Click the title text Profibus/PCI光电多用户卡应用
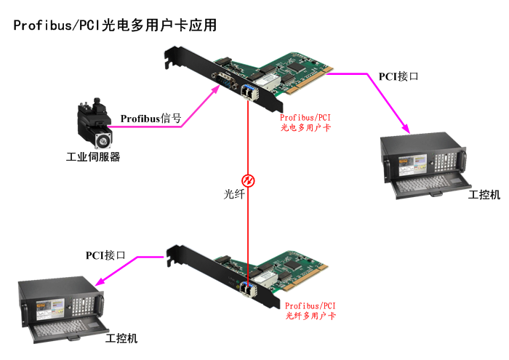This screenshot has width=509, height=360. click(x=115, y=25)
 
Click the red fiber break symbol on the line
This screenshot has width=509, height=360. click(x=248, y=180)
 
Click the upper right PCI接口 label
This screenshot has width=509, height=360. click(x=398, y=76)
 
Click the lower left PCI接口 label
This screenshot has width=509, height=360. click(x=105, y=255)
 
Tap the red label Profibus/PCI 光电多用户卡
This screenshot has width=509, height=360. click(x=305, y=121)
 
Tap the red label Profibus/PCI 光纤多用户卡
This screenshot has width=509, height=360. click(x=310, y=311)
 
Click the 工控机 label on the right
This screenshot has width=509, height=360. click(x=484, y=194)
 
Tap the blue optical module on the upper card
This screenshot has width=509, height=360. click(x=249, y=93)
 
